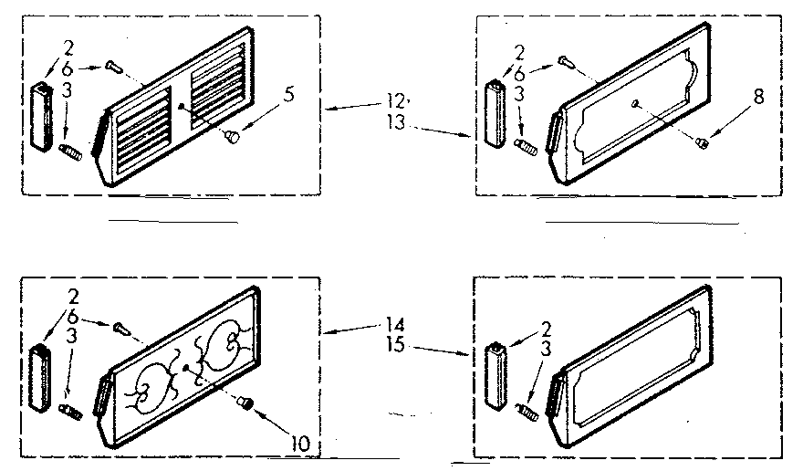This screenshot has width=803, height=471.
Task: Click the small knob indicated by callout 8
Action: (x=703, y=140)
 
